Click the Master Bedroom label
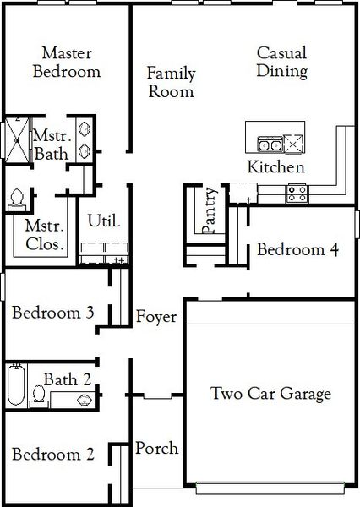(x=66, y=62)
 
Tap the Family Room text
(x=171, y=82)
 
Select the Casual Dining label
(x=281, y=62)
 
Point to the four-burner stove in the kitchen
(x=297, y=193)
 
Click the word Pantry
(x=209, y=212)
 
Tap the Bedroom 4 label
(x=298, y=249)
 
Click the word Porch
(x=156, y=447)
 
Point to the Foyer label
(x=156, y=317)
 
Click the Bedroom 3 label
(x=52, y=312)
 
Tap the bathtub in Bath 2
(x=15, y=386)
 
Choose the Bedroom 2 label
(x=52, y=455)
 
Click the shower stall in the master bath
(x=16, y=139)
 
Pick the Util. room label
(x=104, y=221)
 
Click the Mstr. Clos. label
(x=45, y=235)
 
